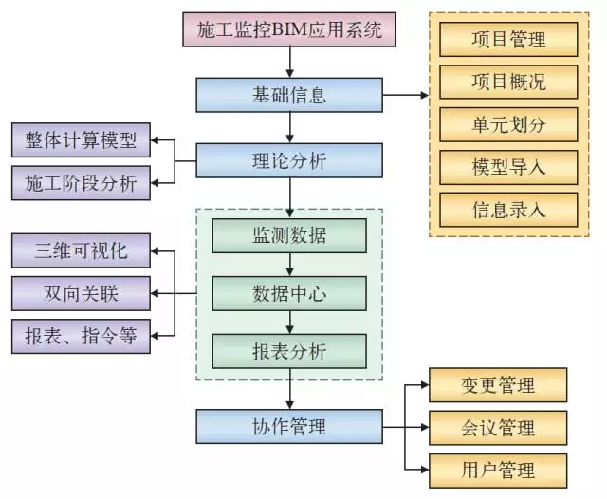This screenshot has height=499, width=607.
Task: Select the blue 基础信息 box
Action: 289,95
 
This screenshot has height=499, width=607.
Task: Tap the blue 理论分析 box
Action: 289,160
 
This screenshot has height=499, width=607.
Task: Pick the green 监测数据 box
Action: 289,235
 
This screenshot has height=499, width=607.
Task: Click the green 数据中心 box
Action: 289,293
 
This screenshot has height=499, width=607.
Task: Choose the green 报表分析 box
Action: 289,351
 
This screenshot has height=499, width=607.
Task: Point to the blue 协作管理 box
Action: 289,426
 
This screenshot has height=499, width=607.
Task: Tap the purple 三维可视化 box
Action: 81,251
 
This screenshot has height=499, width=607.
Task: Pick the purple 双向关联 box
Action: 81,293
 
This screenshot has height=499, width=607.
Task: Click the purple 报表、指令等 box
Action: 81,335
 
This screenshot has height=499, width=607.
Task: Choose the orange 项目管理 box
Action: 507,40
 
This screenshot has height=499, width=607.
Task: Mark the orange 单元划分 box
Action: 507,124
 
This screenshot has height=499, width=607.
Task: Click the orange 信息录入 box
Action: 507,209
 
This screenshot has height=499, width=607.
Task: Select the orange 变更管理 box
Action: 498,384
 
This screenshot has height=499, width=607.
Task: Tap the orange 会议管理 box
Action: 498,427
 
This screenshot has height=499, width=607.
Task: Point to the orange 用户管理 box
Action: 498,469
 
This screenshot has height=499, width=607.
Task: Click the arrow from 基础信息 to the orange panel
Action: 405,95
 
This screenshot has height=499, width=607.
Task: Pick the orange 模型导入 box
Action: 507,167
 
